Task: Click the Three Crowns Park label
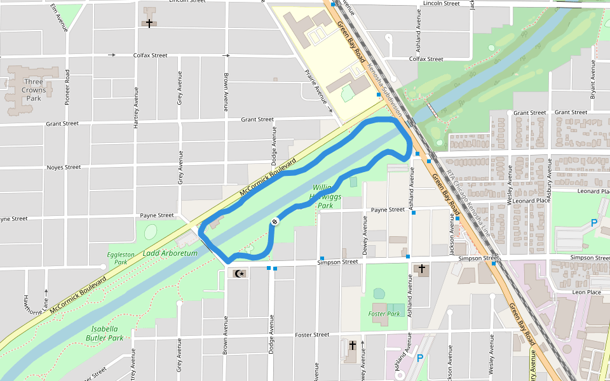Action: point(34,90)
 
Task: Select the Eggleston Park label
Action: point(121,258)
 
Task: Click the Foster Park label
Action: point(384,314)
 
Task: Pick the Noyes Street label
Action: point(64,168)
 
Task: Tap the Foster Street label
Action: point(312,335)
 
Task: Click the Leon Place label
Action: point(586,292)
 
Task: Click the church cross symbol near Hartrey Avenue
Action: point(149,23)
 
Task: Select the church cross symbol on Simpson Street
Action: point(421,269)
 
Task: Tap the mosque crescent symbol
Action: point(239,274)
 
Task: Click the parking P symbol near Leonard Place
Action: point(595,223)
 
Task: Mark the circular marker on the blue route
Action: point(274,221)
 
